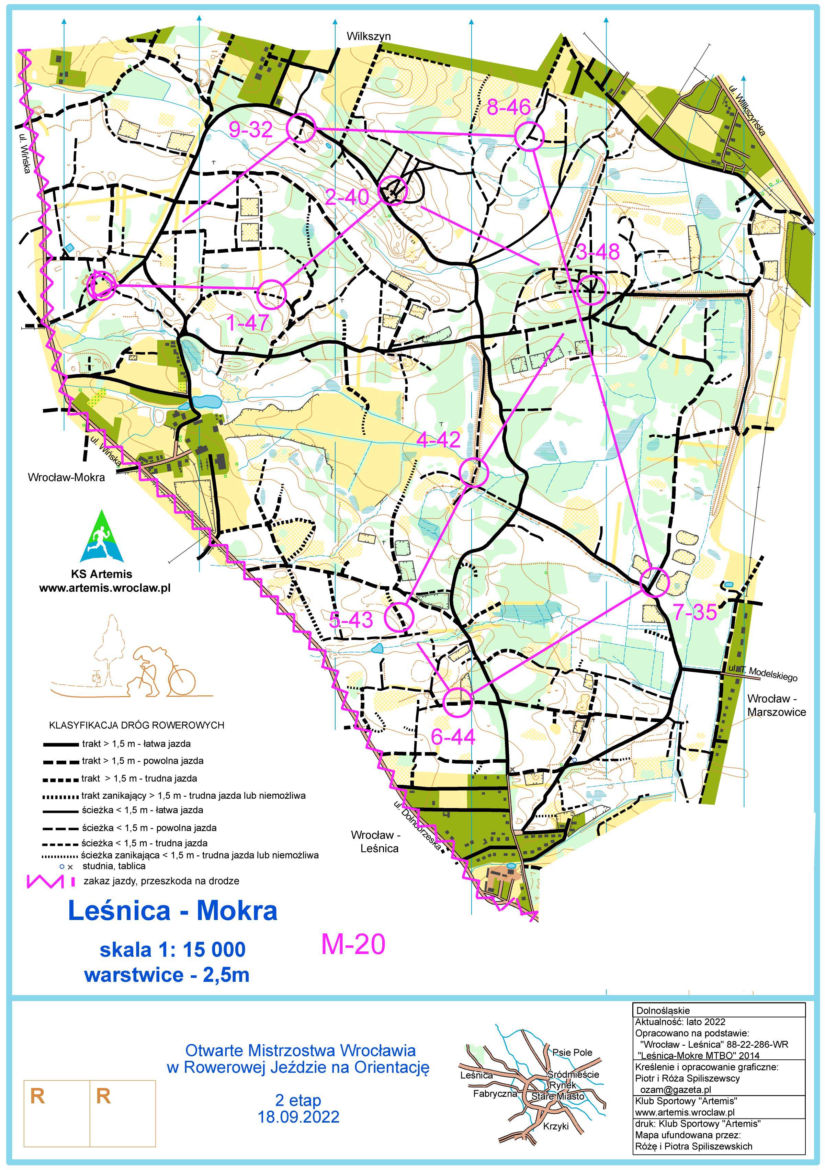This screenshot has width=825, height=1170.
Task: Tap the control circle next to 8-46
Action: tap(529, 136)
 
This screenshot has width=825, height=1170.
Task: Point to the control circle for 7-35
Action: tap(654, 582)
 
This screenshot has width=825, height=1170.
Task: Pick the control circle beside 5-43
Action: tap(398, 617)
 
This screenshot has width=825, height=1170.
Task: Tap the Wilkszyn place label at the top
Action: tap(369, 36)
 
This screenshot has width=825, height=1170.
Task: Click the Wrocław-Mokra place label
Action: tap(66, 477)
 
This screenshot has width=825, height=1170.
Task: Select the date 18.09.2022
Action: tap(298, 1117)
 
